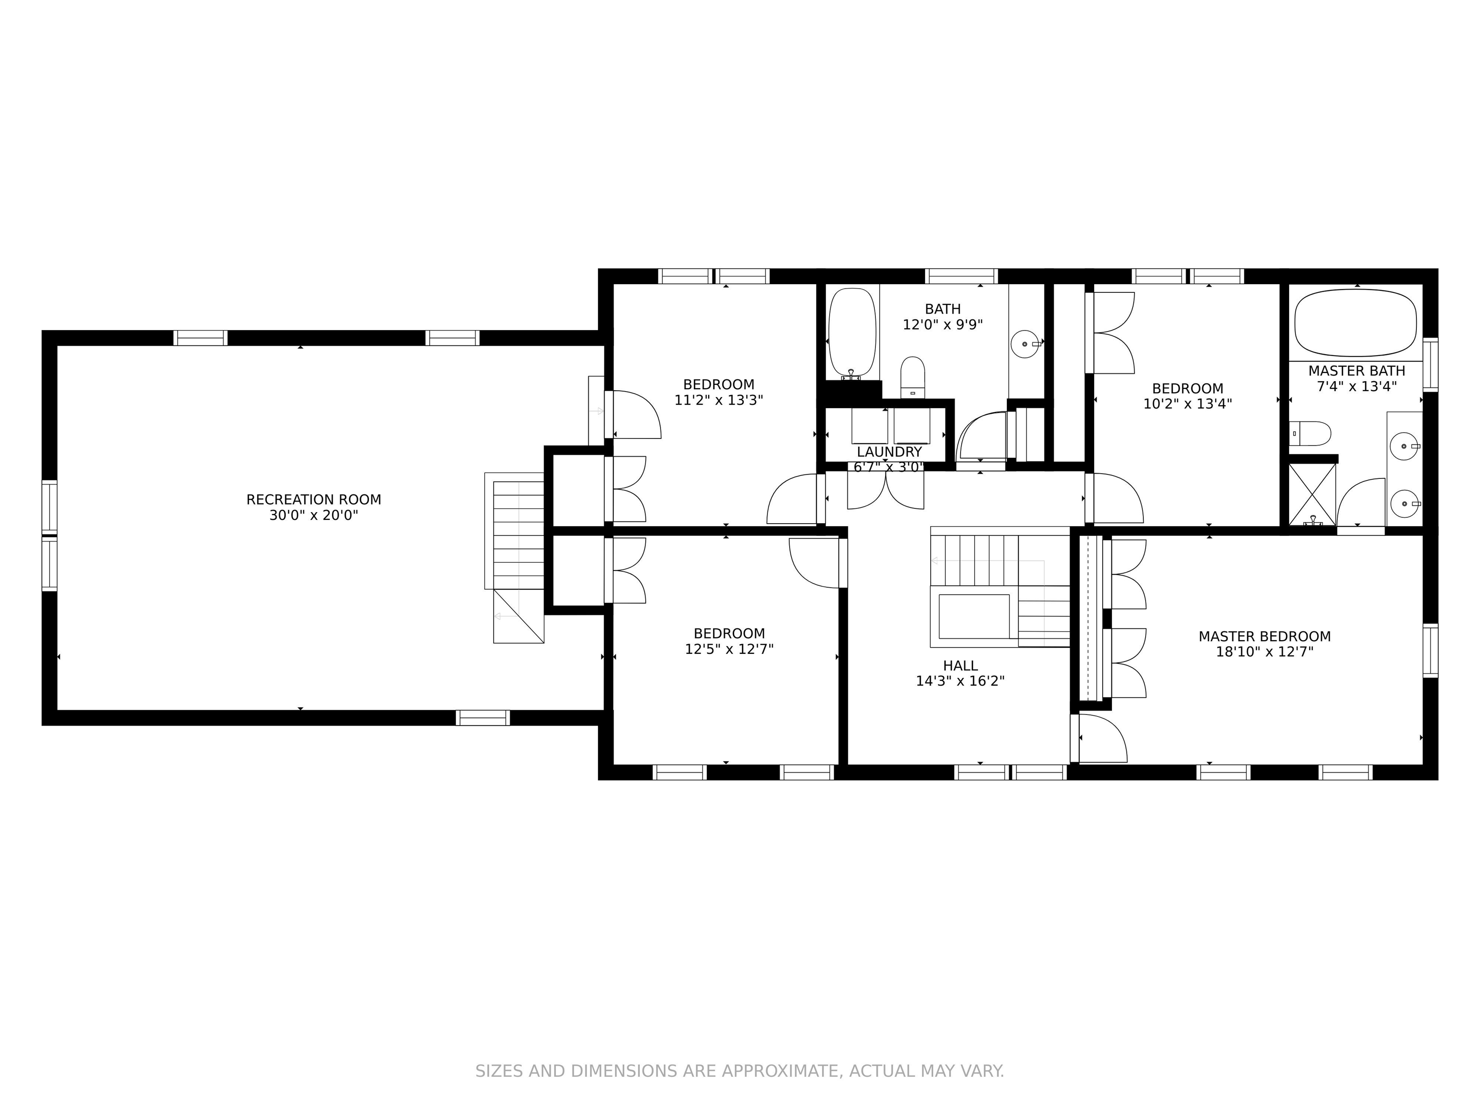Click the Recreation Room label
(x=314, y=500)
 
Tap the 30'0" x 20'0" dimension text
(x=314, y=516)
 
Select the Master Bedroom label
(x=1265, y=637)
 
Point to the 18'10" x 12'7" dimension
(x=1265, y=652)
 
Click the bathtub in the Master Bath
(x=1356, y=322)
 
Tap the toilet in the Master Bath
(x=1310, y=434)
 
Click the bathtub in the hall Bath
(x=852, y=334)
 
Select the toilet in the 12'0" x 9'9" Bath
(x=912, y=377)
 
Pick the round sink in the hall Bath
(x=1025, y=344)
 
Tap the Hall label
(x=960, y=666)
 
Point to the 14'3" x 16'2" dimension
(x=960, y=682)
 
